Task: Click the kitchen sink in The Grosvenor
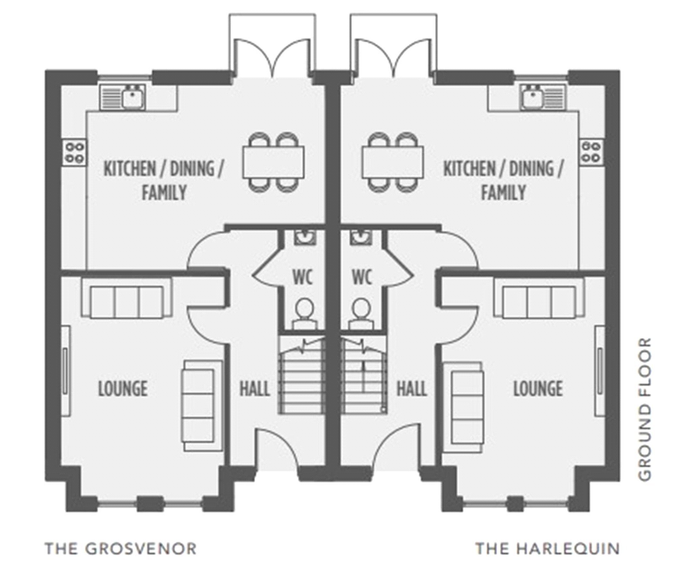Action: coord(123,97)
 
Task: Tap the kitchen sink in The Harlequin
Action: coord(542,97)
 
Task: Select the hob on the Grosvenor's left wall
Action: coord(75,153)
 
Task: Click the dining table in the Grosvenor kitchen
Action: coord(273,162)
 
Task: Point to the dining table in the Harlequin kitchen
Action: coord(392,162)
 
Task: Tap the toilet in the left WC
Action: coord(304,314)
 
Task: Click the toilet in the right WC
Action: coord(361,314)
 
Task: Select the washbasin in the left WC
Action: coord(305,237)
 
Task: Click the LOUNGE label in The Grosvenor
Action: coord(123,389)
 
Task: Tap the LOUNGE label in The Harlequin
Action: coord(538,389)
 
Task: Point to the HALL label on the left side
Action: coord(255,389)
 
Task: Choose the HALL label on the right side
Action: coord(412,389)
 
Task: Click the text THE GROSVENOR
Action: coord(121,549)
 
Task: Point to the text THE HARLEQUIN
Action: coord(548,549)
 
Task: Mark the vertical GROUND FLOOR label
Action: coord(644,409)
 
